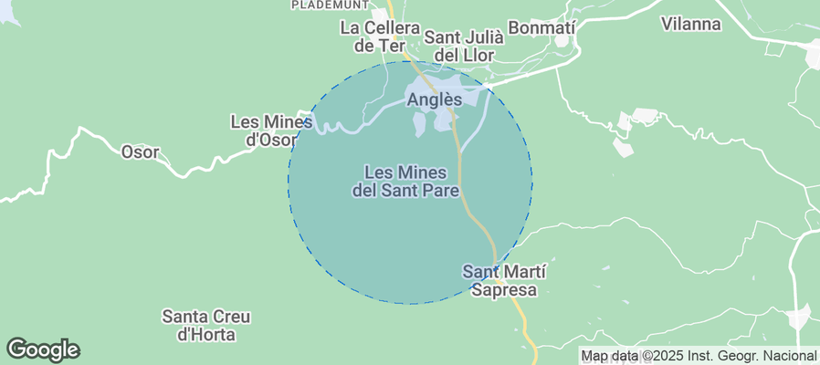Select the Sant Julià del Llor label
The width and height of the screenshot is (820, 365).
point(464,47)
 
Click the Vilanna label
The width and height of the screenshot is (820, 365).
point(690,25)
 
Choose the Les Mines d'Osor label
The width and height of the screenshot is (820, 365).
point(272,130)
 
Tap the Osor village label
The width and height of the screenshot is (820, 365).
point(140,152)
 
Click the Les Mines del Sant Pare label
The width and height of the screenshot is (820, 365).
point(405,182)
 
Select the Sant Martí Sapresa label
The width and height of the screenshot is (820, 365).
point(504,281)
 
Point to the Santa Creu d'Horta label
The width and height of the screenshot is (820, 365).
point(206,326)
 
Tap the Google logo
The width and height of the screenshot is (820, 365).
point(43,349)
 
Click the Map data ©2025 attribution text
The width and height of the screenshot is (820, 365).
point(699,356)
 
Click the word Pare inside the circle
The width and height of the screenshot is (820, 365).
point(439,192)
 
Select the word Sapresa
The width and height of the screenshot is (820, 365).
point(504,291)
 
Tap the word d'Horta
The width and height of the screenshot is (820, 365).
point(206,336)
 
